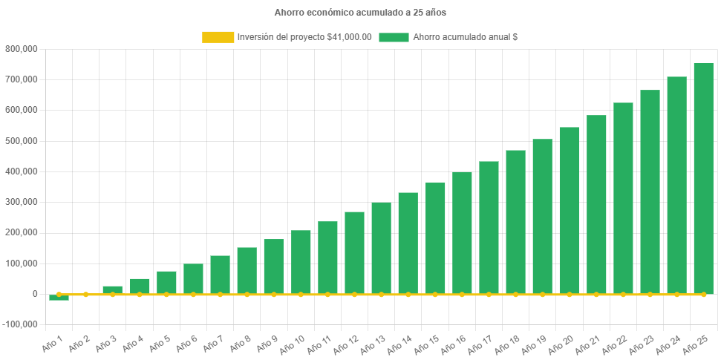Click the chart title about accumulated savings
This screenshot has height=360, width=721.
point(360,13)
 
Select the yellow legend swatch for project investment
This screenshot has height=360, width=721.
point(218,37)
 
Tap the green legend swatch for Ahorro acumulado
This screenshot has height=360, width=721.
point(394,37)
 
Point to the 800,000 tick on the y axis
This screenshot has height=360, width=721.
point(22,49)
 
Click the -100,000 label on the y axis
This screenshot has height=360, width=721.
point(20,324)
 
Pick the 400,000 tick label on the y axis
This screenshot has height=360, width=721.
point(22,171)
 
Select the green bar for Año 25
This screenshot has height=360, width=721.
point(703,178)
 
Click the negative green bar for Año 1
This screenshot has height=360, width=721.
point(59,298)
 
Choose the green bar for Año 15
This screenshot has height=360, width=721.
point(435,238)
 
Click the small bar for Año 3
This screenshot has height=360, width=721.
point(112,289)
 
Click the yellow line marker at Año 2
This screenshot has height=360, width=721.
point(85,295)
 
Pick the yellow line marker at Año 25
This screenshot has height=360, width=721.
point(703,295)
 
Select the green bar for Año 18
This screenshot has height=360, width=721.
point(515,222)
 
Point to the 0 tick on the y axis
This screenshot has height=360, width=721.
point(34,294)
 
